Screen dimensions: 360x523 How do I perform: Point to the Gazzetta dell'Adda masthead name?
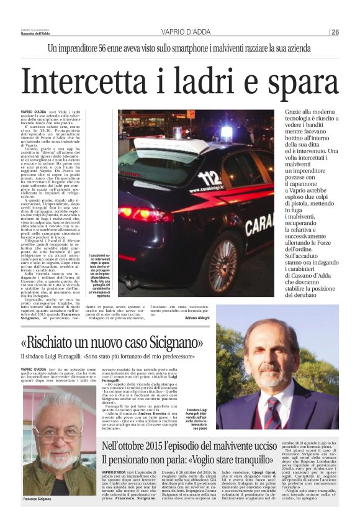[39, 34]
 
